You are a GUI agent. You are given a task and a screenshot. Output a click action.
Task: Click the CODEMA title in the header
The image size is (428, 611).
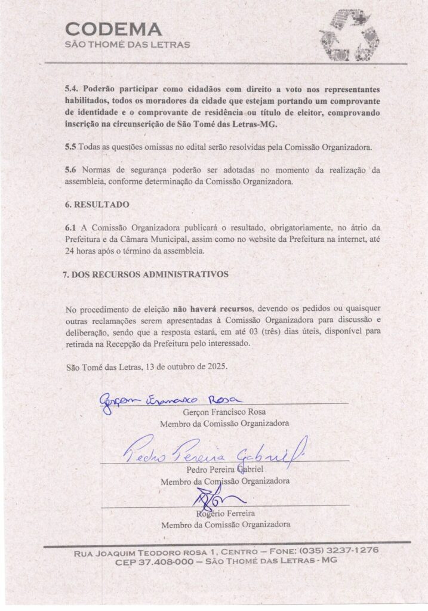point(113,29)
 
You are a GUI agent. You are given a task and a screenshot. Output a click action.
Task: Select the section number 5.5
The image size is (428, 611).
point(71,146)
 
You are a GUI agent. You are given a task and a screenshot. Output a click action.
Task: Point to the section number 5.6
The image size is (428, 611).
point(71,169)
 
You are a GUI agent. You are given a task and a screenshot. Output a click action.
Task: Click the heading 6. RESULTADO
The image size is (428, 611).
point(97,204)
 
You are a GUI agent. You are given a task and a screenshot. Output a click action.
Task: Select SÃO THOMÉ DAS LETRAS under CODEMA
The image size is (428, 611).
point(128,45)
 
